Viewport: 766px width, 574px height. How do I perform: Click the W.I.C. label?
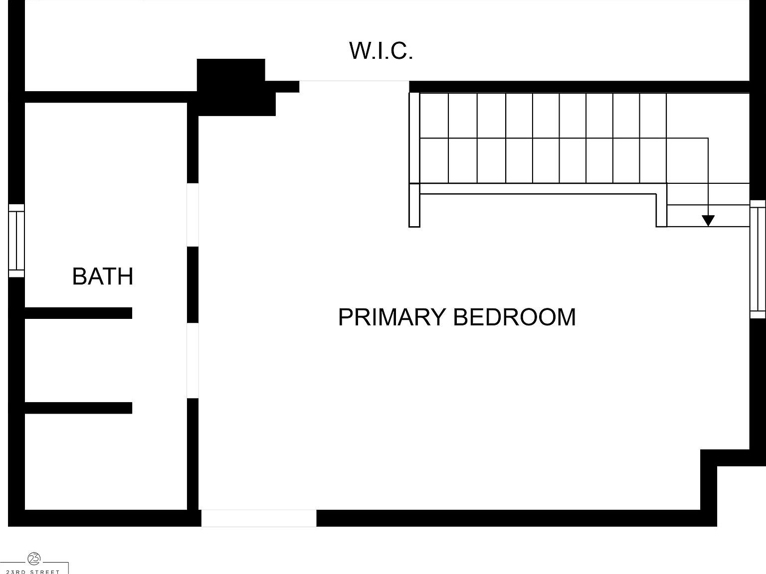[381, 51]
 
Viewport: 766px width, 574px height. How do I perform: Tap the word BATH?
[103, 277]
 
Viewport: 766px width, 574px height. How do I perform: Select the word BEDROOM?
[514, 317]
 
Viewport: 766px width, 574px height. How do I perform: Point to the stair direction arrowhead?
[708, 221]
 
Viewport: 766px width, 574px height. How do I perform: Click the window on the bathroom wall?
[16, 241]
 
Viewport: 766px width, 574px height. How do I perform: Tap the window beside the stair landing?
[758, 259]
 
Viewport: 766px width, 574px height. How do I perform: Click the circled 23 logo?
[34, 559]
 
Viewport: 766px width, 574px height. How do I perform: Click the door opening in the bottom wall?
[259, 518]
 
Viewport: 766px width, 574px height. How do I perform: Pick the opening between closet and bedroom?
[354, 86]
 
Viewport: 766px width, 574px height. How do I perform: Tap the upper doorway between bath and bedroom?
[192, 215]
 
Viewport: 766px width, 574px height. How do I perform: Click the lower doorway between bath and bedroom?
[192, 360]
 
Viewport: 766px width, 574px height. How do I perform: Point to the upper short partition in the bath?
[78, 313]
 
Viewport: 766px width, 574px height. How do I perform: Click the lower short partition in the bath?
[78, 408]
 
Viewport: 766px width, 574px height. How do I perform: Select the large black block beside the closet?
[231, 87]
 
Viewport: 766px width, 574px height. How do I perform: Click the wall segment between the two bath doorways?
[192, 285]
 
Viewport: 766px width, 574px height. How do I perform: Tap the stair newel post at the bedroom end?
[414, 205]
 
